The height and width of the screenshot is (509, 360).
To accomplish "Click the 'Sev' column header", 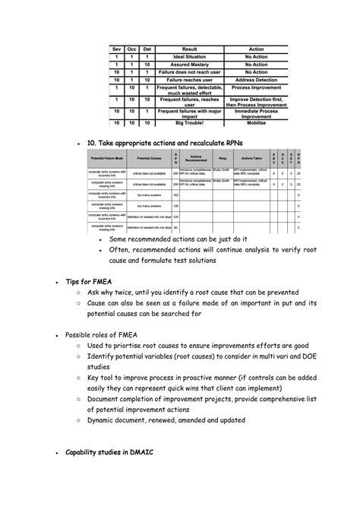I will pyautogui.click(x=117, y=49).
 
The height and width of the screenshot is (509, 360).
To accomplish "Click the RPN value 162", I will pyautogui.click(x=176, y=194).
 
